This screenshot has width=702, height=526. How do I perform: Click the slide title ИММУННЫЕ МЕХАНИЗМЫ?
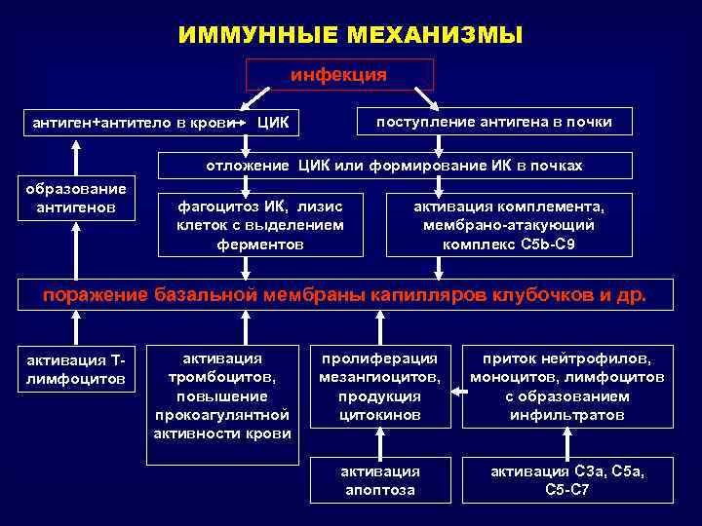pyautogui.click(x=351, y=36)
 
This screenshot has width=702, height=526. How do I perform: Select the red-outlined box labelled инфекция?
pyautogui.click(x=339, y=75)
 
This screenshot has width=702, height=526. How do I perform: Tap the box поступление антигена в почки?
pyautogui.click(x=496, y=122)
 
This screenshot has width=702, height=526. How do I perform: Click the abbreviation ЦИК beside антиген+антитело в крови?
pyautogui.click(x=278, y=124)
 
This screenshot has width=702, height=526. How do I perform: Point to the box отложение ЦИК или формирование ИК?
pyautogui.click(x=394, y=166)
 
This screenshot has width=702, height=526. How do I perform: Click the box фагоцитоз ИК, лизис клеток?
pyautogui.click(x=259, y=225)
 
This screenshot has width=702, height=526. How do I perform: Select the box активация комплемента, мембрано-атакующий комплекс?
pyautogui.click(x=509, y=225)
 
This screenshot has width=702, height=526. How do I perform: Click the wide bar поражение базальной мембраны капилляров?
pyautogui.click(x=347, y=294)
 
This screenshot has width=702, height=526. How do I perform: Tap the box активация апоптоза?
pyautogui.click(x=379, y=480)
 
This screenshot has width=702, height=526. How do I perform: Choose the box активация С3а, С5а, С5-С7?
pyautogui.click(x=567, y=480)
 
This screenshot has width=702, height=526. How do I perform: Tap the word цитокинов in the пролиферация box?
pyautogui.click(x=379, y=415)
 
